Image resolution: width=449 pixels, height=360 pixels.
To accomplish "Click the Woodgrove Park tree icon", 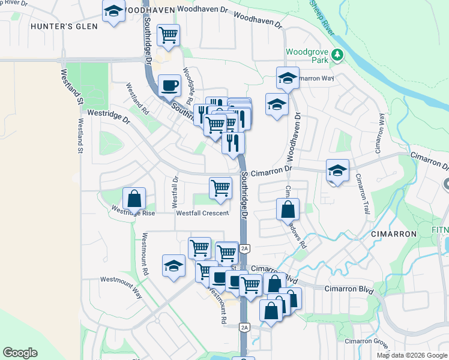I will coord(337,55).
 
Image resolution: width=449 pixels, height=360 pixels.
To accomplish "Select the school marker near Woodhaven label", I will coord(113,11).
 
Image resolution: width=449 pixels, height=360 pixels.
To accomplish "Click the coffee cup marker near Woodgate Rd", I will coord(169,85).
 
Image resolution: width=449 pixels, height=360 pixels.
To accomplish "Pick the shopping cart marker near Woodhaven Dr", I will coord(169,34).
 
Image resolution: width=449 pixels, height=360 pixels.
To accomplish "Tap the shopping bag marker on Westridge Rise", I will coord(134,199).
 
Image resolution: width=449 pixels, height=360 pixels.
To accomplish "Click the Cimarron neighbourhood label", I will coord(394,233).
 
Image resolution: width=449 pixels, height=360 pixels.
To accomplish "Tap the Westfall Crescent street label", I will coord(202,213).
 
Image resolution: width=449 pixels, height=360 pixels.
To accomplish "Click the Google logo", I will coord(20,353).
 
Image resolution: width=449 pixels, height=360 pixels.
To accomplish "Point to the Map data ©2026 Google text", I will coord(412,355).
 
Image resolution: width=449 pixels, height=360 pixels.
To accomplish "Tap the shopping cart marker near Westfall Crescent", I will coord(220,188).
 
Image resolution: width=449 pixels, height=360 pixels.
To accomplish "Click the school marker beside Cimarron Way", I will coord(288,78).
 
